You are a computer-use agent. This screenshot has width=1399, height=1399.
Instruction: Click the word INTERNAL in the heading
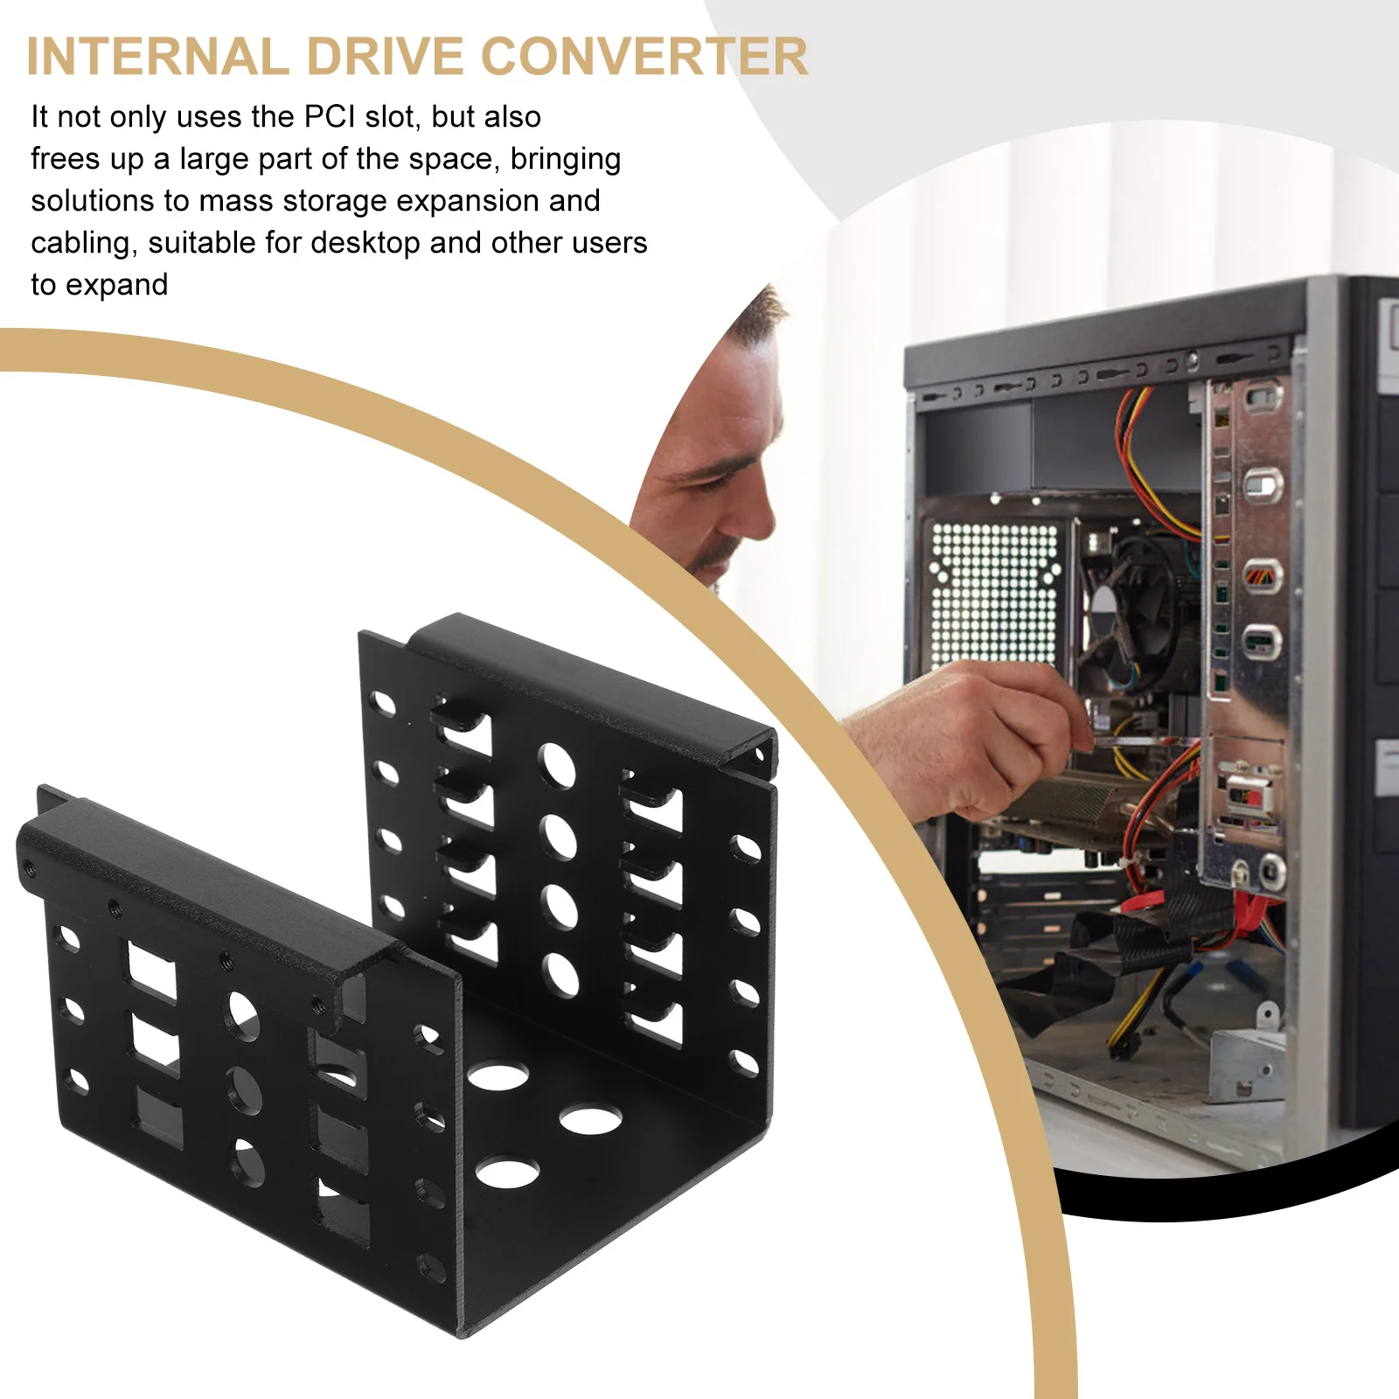[x=157, y=57]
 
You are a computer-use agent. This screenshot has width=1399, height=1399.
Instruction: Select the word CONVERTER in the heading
[x=644, y=57]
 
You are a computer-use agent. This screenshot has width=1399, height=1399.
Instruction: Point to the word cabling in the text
[x=84, y=244]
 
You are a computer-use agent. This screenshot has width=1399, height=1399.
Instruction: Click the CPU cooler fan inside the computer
[x=1128, y=612]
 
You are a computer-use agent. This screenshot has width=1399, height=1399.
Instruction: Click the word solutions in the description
[x=93, y=202]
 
